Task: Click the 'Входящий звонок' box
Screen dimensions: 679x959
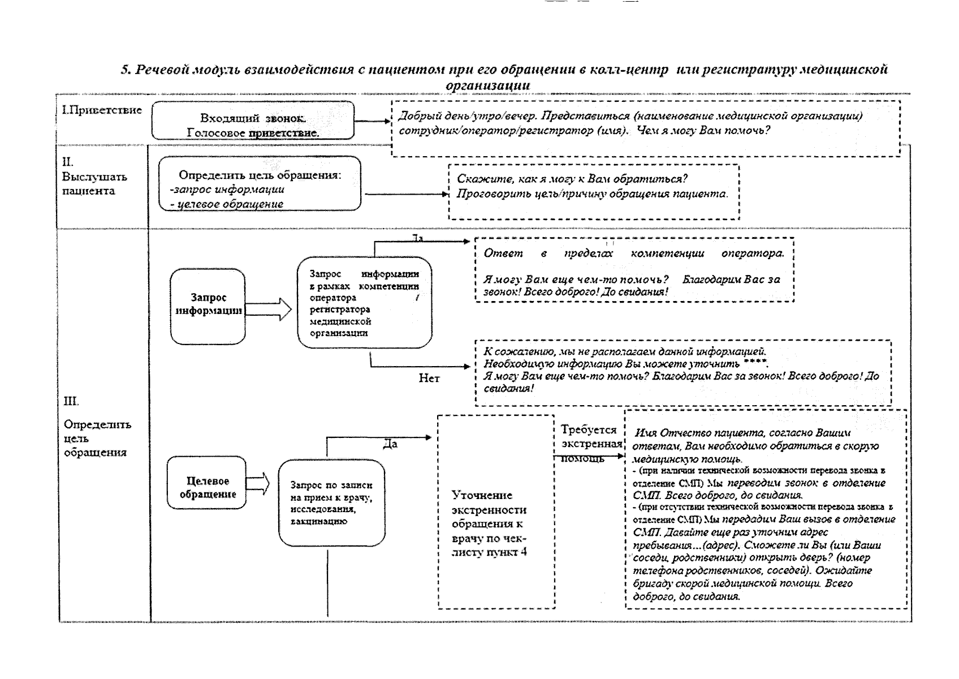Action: (253, 120)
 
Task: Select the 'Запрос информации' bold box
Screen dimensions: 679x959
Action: (208, 306)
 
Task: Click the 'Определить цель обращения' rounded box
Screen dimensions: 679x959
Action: (260, 184)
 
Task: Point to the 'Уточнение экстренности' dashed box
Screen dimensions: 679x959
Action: (496, 512)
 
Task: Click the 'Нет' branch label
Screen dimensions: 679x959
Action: (429, 378)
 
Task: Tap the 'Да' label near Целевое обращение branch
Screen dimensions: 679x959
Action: (390, 444)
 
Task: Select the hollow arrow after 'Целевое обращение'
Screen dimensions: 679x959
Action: (258, 485)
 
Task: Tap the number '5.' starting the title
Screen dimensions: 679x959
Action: (126, 70)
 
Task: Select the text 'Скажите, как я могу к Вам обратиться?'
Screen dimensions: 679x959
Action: (572, 179)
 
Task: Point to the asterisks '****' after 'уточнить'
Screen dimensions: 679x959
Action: (756, 362)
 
